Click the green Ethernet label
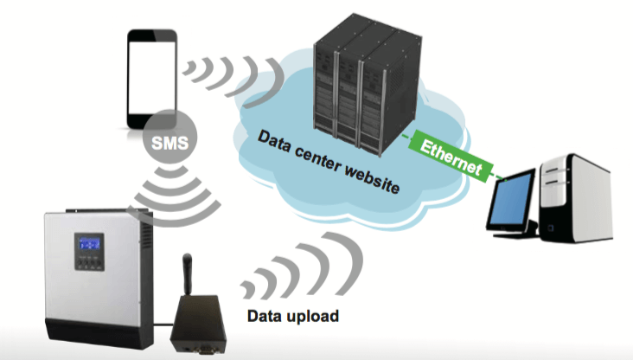[451, 157]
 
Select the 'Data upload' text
[292, 315]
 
